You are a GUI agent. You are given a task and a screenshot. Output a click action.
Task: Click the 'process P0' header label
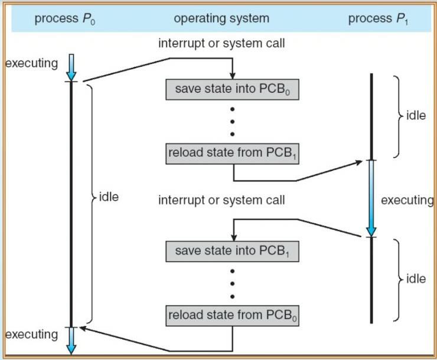pyautogui.click(x=65, y=19)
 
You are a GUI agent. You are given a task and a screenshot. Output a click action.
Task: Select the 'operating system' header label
pyautogui.click(x=221, y=19)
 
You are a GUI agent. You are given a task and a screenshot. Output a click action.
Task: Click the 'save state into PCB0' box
pyautogui.click(x=233, y=89)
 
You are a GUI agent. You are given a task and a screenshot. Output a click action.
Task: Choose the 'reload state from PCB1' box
pyautogui.click(x=233, y=154)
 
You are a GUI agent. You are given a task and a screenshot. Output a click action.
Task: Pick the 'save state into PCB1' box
pyautogui.click(x=233, y=251)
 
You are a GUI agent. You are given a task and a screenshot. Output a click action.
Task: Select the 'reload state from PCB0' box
pyautogui.click(x=233, y=315)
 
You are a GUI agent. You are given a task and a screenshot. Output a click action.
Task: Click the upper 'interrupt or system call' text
pyautogui.click(x=221, y=44)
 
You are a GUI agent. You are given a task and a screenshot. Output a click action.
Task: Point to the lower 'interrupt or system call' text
pyautogui.click(x=221, y=200)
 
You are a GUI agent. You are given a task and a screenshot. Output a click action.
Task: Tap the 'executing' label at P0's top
pyautogui.click(x=32, y=63)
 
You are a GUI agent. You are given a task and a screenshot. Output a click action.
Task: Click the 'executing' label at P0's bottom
pyautogui.click(x=32, y=335)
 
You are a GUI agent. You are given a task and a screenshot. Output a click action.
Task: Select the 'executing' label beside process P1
pyautogui.click(x=407, y=200)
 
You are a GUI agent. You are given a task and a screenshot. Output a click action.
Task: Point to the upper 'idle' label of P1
pyautogui.click(x=416, y=116)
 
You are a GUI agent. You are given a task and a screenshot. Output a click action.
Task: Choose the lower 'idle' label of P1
pyautogui.click(x=416, y=278)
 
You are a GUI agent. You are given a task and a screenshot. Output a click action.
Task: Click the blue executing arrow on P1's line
pyautogui.click(x=371, y=197)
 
